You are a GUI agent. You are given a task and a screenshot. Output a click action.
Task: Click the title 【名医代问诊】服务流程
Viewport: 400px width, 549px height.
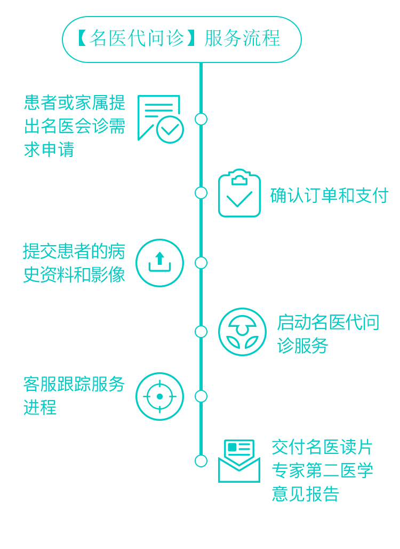(181, 39)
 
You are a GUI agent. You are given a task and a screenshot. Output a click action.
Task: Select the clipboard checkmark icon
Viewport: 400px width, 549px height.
(239, 194)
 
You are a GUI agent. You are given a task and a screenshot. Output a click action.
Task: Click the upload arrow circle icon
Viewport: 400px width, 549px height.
(159, 263)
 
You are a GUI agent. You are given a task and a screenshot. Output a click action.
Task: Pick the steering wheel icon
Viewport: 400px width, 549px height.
(242, 332)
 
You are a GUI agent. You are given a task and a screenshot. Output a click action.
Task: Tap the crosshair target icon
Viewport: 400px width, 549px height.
(159, 396)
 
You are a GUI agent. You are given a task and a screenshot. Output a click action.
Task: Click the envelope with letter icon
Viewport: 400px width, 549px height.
(239, 461)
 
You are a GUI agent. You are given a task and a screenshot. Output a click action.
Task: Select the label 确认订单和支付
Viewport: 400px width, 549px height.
(329, 195)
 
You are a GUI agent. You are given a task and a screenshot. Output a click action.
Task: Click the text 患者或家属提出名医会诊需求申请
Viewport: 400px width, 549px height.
(75, 126)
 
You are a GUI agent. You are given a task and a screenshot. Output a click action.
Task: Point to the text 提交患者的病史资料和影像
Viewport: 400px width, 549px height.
(74, 262)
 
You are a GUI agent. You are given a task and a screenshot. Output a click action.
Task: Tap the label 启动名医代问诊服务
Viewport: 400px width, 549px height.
(327, 334)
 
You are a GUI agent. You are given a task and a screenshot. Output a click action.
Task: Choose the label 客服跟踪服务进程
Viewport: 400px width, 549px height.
(74, 396)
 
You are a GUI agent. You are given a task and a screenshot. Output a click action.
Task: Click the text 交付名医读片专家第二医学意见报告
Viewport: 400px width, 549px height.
(322, 470)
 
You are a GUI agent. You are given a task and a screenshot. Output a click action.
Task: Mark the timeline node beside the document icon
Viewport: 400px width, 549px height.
(201, 119)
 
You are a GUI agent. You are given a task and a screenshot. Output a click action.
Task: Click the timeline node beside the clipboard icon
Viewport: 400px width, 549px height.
(201, 193)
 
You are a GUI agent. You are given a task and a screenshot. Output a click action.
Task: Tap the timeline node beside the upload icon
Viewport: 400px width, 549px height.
(201, 263)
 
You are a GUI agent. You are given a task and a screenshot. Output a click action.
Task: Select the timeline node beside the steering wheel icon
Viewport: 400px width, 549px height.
(201, 332)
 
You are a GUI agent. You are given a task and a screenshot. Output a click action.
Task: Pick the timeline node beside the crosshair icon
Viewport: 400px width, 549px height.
(201, 396)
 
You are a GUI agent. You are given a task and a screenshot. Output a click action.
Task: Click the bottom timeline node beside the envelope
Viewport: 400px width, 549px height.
(201, 461)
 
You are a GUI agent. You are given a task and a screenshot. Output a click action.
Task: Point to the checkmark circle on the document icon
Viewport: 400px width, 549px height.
(170, 129)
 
